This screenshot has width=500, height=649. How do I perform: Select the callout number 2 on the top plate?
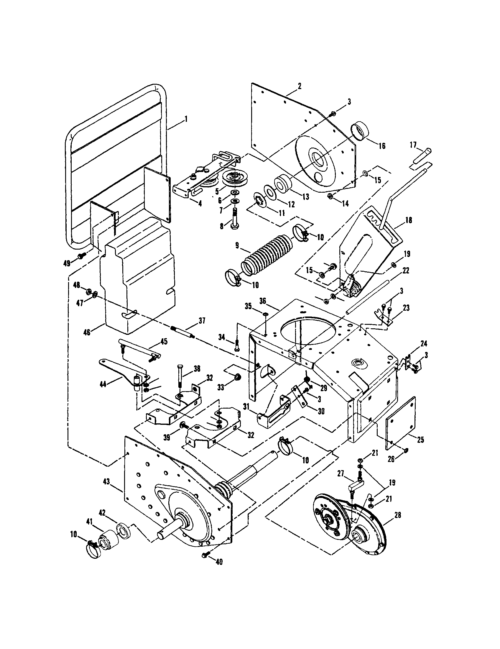click(300, 86)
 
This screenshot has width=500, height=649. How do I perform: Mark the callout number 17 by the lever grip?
click(413, 145)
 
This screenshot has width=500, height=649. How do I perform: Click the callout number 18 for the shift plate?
click(409, 220)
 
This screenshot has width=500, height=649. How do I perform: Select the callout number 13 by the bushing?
click(306, 196)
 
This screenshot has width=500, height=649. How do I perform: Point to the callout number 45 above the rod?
click(164, 341)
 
